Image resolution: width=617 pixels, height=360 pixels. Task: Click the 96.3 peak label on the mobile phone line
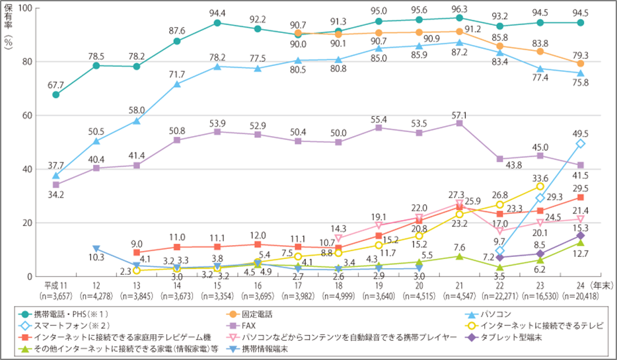coord(459,9)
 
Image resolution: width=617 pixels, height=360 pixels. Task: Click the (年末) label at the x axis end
coord(602,285)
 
